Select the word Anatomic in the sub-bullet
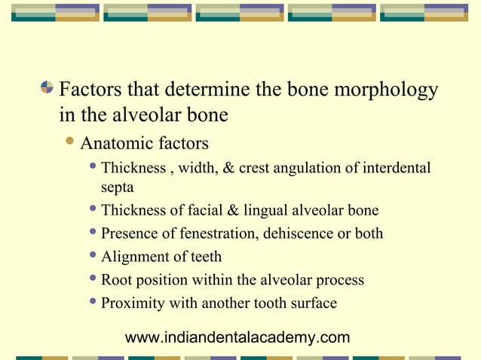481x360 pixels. pyautogui.click(x=112, y=143)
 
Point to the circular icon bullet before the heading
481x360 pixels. pyautogui.click(x=48, y=90)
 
